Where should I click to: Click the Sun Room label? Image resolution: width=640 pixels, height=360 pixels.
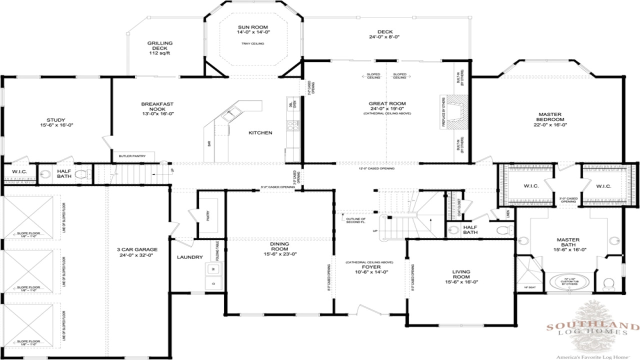click(x=252, y=27)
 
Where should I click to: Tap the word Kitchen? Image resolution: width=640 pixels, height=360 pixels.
click(x=260, y=133)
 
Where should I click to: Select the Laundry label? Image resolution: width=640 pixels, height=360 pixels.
click(x=190, y=257)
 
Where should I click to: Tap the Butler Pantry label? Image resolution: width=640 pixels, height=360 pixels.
click(x=132, y=156)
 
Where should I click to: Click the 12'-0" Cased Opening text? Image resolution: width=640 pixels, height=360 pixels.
click(x=376, y=168)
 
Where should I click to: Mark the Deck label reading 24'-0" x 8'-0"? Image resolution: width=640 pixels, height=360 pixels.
click(x=384, y=34)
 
